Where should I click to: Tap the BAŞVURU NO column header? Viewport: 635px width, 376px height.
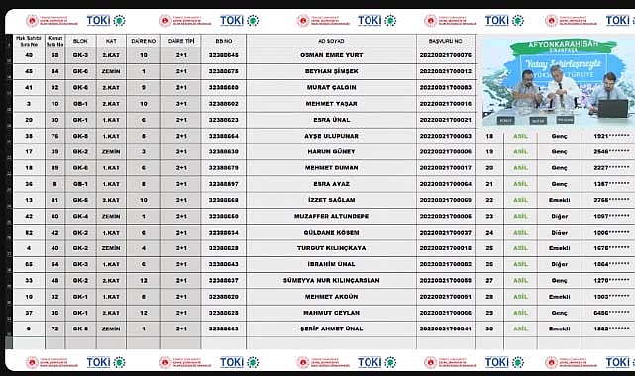click(446, 40)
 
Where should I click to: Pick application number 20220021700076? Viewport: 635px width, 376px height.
click(446, 54)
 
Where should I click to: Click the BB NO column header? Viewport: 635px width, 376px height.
click(224, 40)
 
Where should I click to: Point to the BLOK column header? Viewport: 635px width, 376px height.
click(81, 40)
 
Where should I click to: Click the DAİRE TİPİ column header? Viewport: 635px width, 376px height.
click(181, 40)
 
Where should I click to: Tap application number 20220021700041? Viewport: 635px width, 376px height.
click(446, 328)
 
